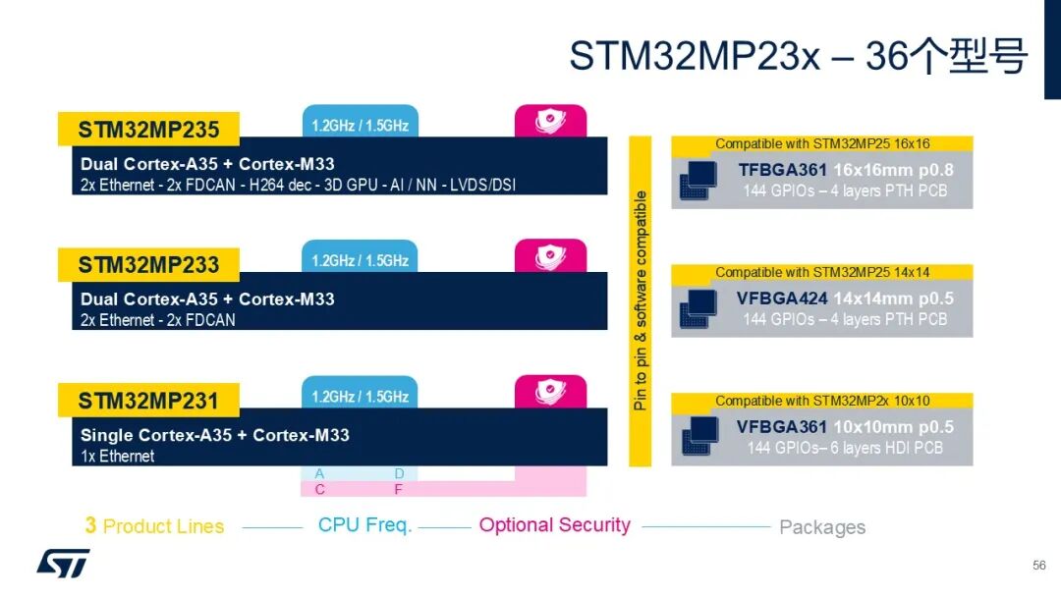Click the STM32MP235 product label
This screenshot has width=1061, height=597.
coord(148,129)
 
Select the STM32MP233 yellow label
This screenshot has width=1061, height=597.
coord(148,264)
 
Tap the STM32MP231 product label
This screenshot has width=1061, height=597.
coord(148,401)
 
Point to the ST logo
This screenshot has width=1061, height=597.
coord(63,562)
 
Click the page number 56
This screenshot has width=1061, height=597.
coord(1038,566)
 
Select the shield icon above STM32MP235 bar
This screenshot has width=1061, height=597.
coord(550,121)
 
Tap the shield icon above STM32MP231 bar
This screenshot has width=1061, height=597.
coord(550,392)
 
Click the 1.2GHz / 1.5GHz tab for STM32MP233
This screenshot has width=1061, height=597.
coord(360,260)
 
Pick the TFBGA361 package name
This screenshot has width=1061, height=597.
coord(783,170)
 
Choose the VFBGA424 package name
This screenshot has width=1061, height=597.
coord(782,298)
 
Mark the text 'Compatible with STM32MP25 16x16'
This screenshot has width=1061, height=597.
coord(821,143)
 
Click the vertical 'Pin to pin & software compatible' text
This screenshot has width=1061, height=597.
coord(641,300)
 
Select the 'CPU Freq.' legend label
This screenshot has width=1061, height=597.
coord(364,525)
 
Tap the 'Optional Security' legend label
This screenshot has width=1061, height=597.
coord(554,525)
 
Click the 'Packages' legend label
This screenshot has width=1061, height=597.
coord(822,527)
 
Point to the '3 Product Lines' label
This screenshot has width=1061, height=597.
coord(154,526)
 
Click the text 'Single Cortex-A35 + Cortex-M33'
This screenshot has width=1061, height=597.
coord(214,435)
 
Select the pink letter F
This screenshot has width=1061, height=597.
coord(399,489)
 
